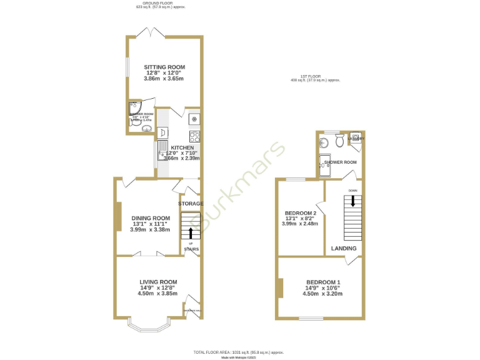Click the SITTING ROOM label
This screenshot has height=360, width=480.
(164, 67)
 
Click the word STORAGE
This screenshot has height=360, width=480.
(191, 204)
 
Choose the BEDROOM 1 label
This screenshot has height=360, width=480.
(322, 282)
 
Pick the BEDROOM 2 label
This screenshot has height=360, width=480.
(300, 212)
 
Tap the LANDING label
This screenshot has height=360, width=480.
(344, 248)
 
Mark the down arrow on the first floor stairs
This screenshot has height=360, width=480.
(353, 201)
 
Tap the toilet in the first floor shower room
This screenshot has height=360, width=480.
(339, 142)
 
